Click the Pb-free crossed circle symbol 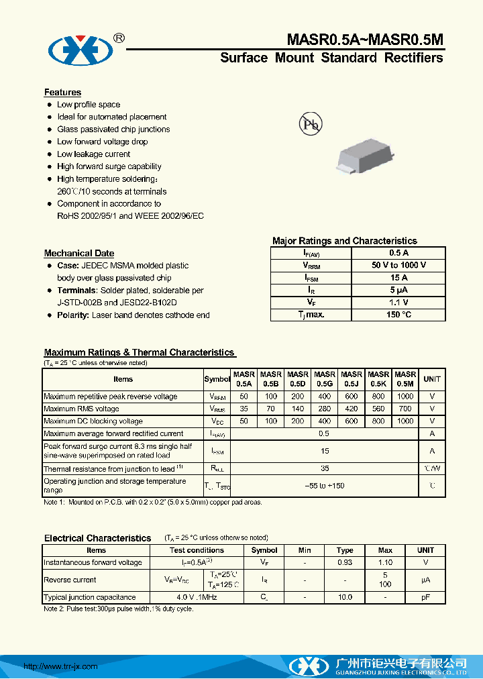click(310, 124)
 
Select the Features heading click(62, 93)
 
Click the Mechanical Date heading click(79, 253)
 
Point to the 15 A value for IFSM click(398, 278)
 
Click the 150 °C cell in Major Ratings click(398, 315)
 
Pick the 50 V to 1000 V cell click(398, 265)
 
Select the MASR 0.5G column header click(325, 379)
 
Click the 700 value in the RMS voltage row click(405, 409)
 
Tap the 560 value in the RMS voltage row click(378, 409)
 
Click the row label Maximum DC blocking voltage click(93, 421)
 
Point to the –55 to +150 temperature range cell click(325, 486)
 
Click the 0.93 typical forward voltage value click(345, 562)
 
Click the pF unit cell click(425, 597)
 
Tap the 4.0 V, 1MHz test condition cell click(197, 597)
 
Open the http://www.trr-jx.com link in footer click(60, 666)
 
